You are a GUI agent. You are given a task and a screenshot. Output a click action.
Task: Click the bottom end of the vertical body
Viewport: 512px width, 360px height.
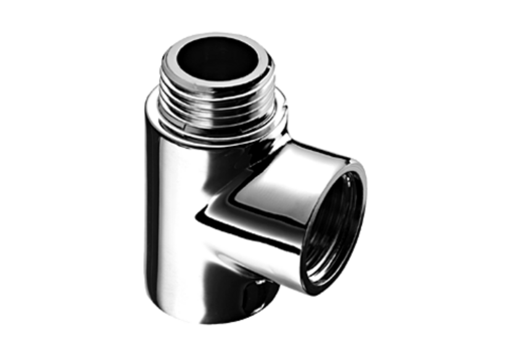(x=204, y=311)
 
